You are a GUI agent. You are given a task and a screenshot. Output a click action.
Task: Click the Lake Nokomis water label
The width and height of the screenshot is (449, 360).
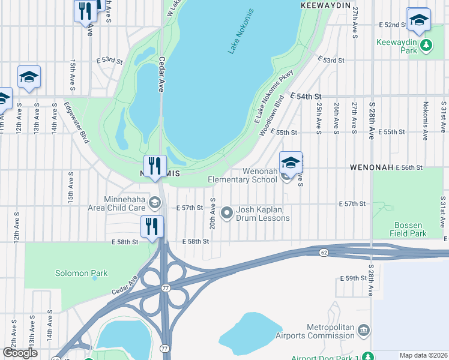point(241,31)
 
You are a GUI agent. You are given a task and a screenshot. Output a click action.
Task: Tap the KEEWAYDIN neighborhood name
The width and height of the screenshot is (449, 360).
point(325,5)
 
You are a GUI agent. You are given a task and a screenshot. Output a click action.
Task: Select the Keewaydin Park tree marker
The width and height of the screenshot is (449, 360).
point(426,44)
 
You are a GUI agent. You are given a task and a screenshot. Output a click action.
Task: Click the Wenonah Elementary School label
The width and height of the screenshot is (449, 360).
point(243,175)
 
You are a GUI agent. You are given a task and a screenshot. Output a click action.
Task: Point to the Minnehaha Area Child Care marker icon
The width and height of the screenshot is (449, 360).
point(155,203)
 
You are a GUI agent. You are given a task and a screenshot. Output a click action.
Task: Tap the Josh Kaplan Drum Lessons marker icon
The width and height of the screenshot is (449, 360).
point(227,212)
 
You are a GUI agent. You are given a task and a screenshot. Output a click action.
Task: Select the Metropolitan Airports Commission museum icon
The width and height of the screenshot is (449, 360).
point(363,331)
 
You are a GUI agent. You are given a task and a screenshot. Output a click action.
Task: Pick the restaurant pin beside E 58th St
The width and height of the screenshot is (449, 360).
point(152,227)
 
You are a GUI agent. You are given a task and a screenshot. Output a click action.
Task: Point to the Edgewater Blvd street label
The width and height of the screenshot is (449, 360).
point(76,122)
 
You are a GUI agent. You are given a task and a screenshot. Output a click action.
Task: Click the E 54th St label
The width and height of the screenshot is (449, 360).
point(306,97)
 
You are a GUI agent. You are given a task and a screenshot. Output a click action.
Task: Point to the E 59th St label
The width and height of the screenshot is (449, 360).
point(352,278)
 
